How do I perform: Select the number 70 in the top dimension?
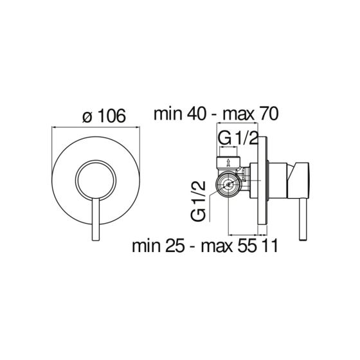click(265, 115)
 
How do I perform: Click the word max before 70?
click(235, 115)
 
